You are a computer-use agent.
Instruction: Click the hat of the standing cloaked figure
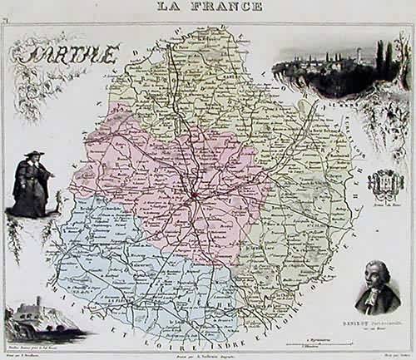pyautogui.click(x=32, y=155)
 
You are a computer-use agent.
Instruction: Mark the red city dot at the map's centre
pyautogui.click(x=193, y=197)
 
